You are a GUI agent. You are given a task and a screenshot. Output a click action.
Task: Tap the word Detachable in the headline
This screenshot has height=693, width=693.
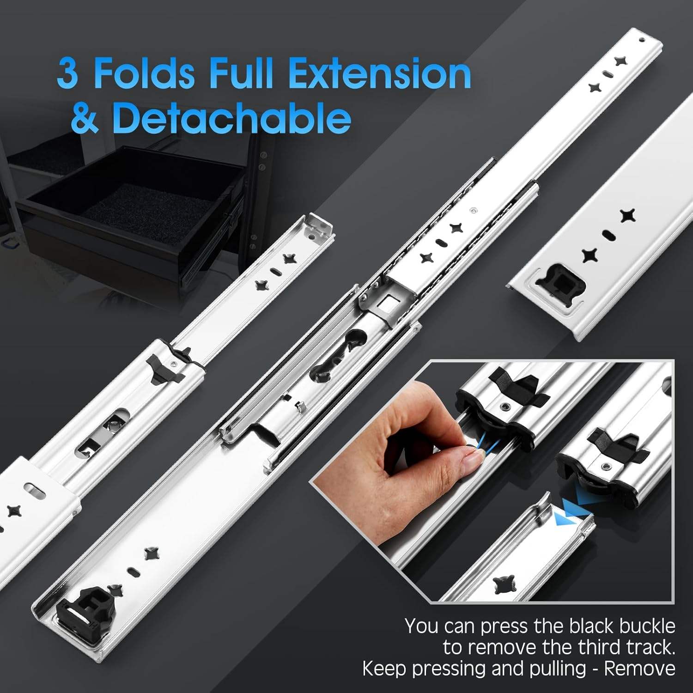coord(231,118)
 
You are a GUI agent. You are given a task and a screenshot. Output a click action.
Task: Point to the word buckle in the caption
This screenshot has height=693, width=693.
coord(647,626)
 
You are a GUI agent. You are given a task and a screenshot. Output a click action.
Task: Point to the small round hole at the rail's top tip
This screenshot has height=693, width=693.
coord(641,40)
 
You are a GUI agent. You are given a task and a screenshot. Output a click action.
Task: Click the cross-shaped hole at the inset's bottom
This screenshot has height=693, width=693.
coord(504,584)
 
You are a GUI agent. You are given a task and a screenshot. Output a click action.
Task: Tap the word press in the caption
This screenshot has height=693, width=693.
coord(504,626)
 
